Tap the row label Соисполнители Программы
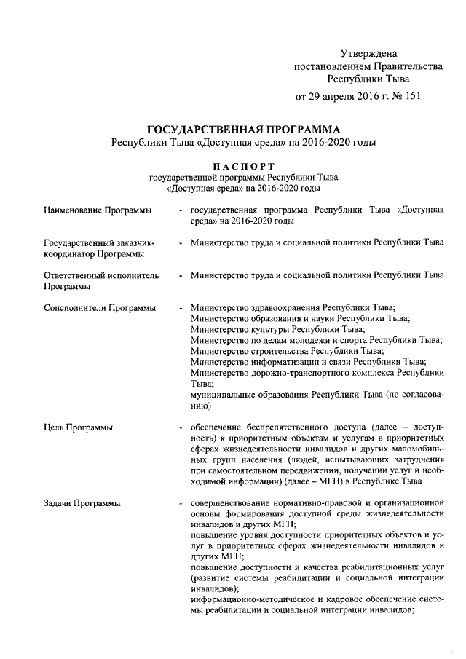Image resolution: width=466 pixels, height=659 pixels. click(x=99, y=308)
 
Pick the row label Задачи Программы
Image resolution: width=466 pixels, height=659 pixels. click(x=77, y=503)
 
